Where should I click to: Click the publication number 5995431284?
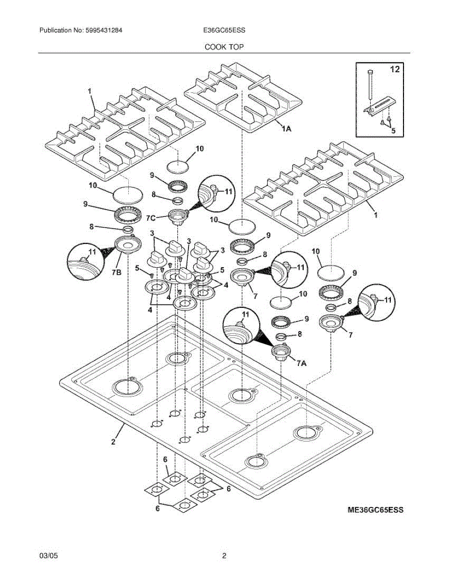coord(104,30)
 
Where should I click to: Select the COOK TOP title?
coord(224,47)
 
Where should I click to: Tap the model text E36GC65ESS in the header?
coord(224,30)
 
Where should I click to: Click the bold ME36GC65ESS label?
coord(375,510)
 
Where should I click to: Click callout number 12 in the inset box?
coord(395,69)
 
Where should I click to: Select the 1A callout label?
coord(286,129)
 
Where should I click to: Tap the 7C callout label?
coord(151,218)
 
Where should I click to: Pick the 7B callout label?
coord(116,272)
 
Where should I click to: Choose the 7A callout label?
coord(301,363)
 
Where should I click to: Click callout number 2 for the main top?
coord(113,442)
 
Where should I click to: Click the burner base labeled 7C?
coord(178,216)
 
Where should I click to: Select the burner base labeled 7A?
coord(280,352)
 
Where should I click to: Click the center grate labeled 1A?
coord(243,98)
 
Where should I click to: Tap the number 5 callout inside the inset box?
coord(393,131)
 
